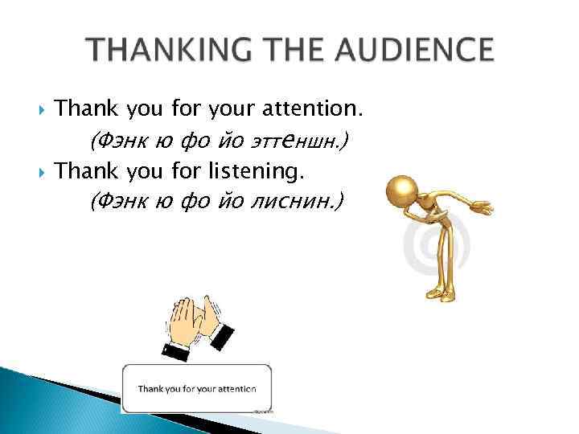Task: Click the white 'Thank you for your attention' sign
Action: [196, 389]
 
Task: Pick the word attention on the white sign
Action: [236, 389]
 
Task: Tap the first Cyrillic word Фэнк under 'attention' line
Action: [117, 141]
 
